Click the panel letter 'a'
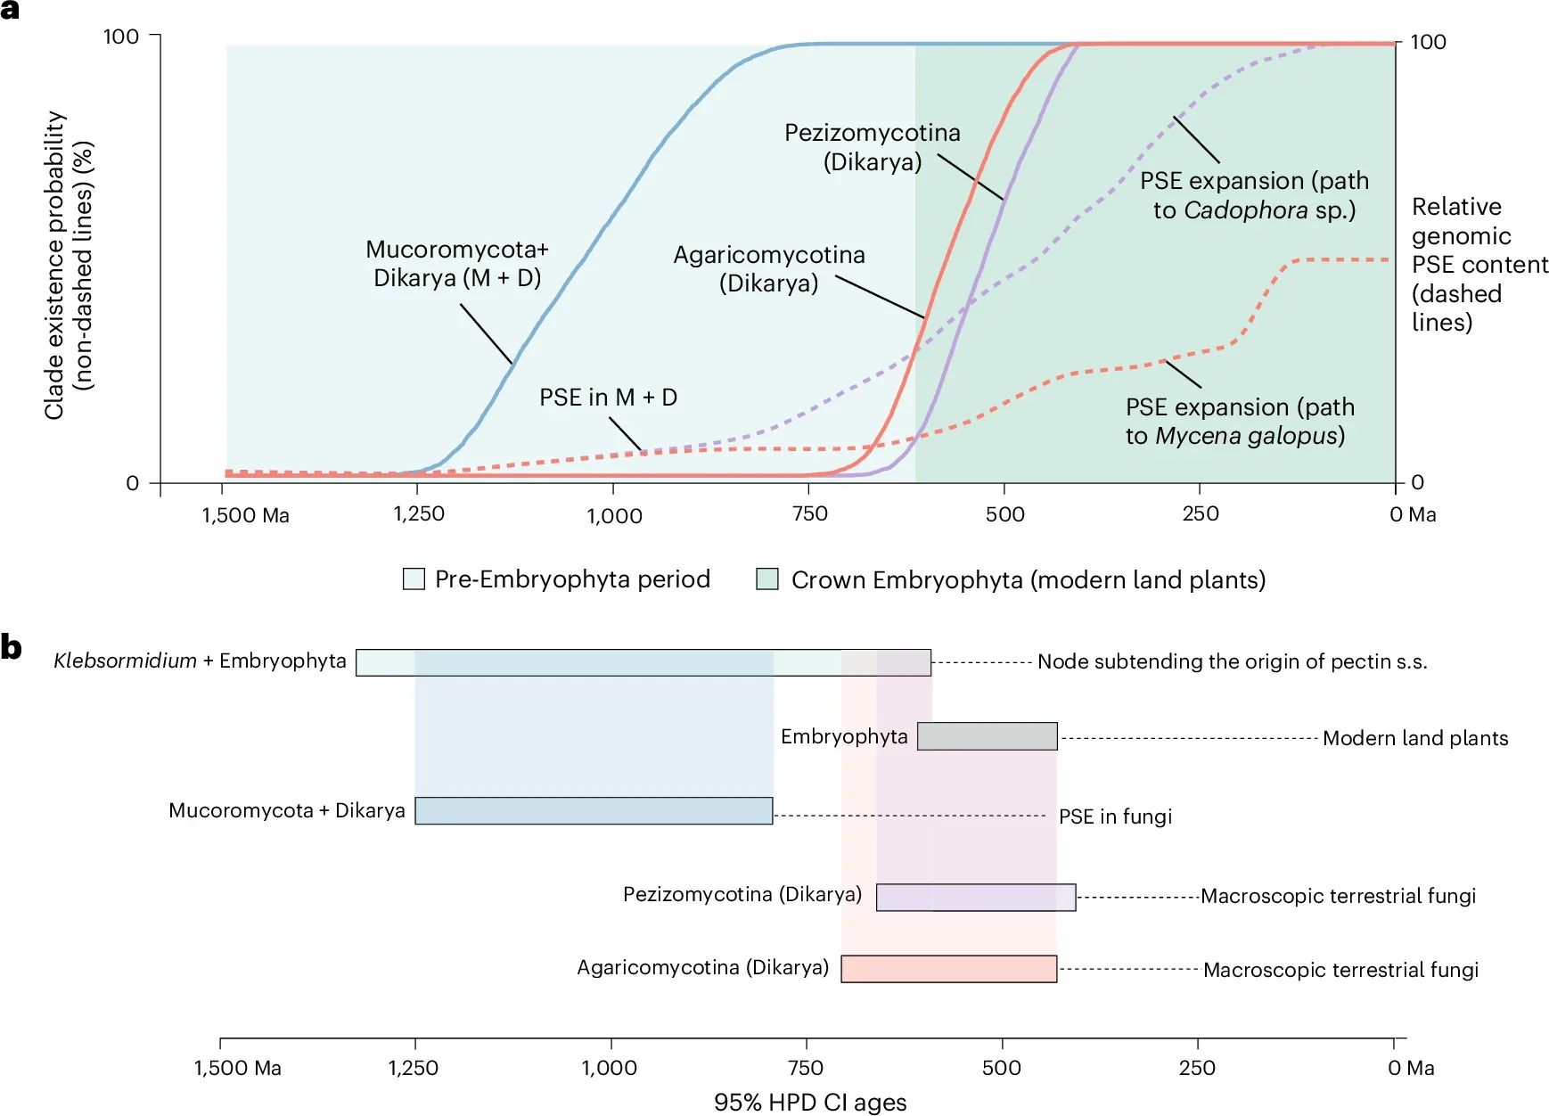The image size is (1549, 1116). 10,11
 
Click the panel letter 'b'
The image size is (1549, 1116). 11,646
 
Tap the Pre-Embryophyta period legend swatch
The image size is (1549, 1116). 414,579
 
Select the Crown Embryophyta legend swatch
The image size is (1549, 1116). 766,579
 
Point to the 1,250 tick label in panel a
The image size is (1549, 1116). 419,514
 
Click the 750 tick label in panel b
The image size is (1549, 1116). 806,1068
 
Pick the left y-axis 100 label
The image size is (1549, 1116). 121,37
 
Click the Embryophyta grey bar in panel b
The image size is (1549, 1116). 987,736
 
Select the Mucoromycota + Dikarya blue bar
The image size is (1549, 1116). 594,811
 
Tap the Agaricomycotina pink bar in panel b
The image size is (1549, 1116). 948,969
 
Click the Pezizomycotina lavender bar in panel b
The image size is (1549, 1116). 976,897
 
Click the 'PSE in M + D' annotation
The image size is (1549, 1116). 608,398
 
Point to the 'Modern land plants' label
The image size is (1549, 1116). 1415,738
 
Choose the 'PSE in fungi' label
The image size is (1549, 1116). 1115,816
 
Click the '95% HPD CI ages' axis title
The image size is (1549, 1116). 810,1103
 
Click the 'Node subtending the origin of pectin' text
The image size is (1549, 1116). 1232,661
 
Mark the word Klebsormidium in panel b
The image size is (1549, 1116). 125,661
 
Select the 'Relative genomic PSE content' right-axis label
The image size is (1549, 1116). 1479,265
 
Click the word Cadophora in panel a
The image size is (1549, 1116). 1246,210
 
